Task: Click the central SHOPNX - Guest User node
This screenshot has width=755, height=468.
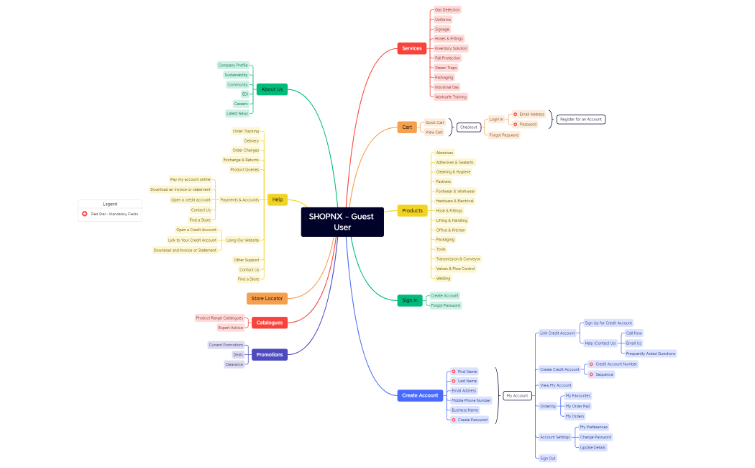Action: [x=342, y=222]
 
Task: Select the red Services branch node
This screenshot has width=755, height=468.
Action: [x=411, y=48]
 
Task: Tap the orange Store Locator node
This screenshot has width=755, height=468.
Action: [x=267, y=298]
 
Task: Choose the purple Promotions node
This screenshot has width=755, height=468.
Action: [x=270, y=354]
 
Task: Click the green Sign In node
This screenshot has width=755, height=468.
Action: [x=410, y=300]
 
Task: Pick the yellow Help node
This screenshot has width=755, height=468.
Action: [x=278, y=199]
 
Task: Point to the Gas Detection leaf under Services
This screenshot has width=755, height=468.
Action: [x=447, y=10]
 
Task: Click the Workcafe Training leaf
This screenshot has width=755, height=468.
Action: [x=451, y=96]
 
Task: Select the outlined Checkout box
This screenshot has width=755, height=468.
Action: [x=469, y=127]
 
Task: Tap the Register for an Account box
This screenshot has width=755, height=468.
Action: [x=581, y=119]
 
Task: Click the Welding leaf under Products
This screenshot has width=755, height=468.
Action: [x=444, y=278]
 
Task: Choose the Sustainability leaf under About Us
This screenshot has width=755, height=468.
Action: [x=236, y=75]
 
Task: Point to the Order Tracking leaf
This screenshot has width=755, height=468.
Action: [x=246, y=131]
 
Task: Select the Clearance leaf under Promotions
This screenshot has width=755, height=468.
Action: [x=234, y=364]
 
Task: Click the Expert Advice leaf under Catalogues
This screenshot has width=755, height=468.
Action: [x=231, y=328]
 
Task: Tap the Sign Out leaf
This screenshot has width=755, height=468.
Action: [x=548, y=458]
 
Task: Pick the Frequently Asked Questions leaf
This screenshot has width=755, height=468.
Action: [x=651, y=354]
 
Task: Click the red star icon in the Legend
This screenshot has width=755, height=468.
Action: [x=85, y=214]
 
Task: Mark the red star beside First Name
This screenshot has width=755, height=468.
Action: [x=454, y=372]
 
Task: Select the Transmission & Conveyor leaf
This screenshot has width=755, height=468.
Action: [x=458, y=258]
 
